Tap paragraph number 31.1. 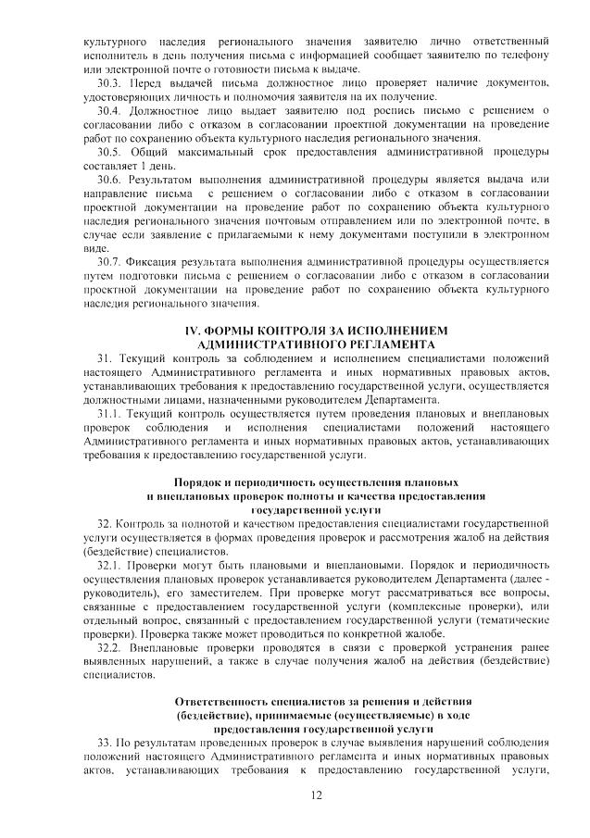click(x=110, y=413)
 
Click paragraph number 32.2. click(x=110, y=646)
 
